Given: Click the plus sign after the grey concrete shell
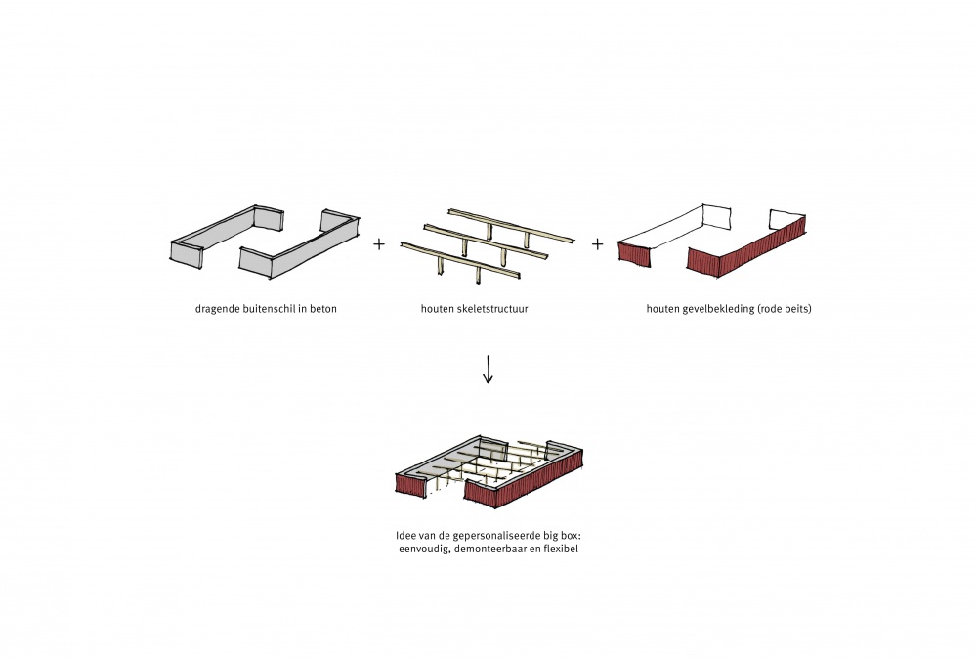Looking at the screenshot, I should tap(379, 243).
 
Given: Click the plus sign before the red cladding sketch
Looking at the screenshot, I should tap(597, 243).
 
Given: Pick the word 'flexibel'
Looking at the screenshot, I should tap(571, 550).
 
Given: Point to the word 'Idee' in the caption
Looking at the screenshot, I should tap(397, 536).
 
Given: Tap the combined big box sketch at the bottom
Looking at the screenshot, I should tap(488, 472).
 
